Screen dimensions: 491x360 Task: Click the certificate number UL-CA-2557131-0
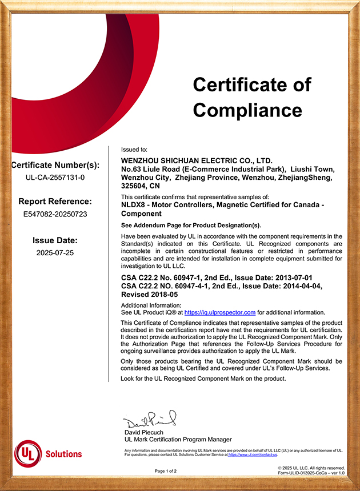[x=55, y=178]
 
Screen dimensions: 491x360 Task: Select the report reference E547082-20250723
[x=55, y=214]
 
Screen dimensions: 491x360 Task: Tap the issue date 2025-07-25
[x=55, y=252]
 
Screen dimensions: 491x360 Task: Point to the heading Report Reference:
[x=55, y=202]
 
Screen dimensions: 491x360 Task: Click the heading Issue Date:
[x=55, y=240]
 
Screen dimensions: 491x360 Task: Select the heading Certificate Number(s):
[x=55, y=166]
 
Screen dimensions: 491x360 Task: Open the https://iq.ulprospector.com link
[x=219, y=312]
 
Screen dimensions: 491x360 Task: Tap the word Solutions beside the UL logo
[x=63, y=454]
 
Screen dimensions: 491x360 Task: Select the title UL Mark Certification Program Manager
[x=178, y=440]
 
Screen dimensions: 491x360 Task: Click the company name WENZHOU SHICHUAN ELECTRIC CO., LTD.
[x=197, y=162]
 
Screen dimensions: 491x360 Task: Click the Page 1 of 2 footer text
[x=166, y=471]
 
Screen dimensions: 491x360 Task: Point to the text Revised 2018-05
[x=150, y=295]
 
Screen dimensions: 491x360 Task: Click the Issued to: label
[x=134, y=148]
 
